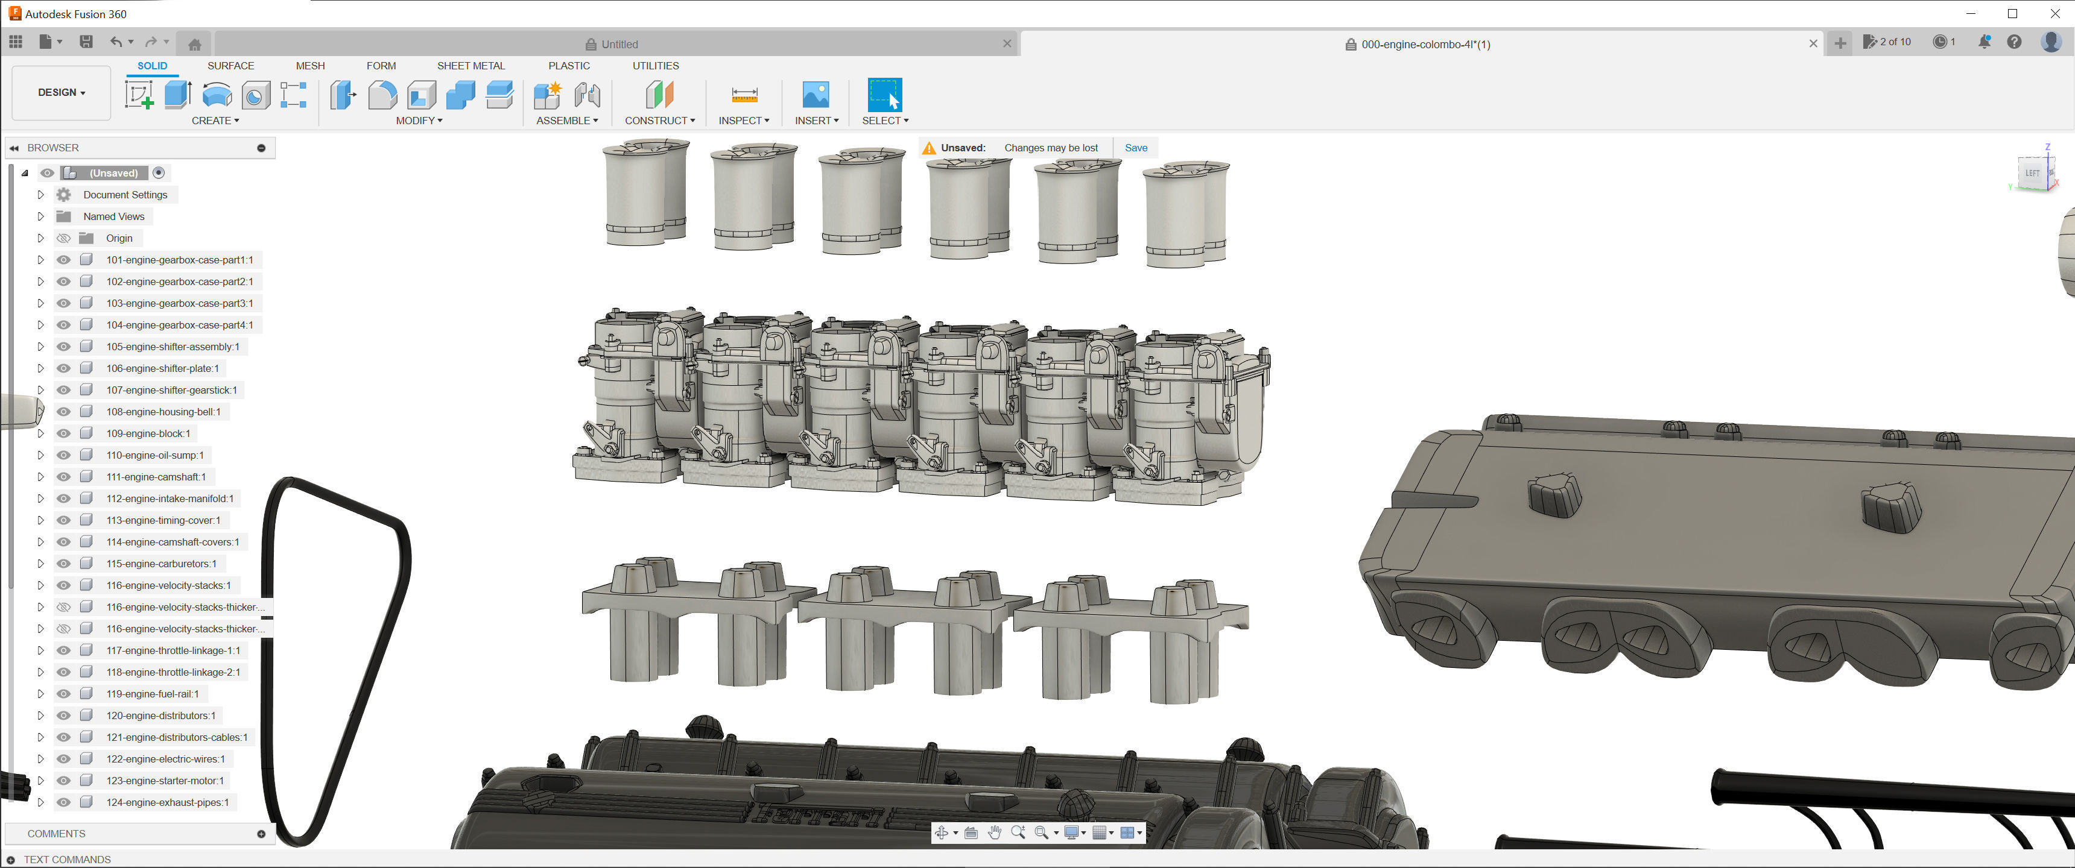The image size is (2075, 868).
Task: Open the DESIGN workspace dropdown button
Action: (61, 93)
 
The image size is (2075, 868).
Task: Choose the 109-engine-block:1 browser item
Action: (148, 434)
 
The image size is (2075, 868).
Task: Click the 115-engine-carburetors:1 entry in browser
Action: (161, 564)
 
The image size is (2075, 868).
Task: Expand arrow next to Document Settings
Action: (40, 195)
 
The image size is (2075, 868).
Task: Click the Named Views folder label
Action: (113, 216)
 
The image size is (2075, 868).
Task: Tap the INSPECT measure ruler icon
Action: (744, 95)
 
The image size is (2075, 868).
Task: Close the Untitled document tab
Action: (1006, 44)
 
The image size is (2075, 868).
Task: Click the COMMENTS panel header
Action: (56, 834)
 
